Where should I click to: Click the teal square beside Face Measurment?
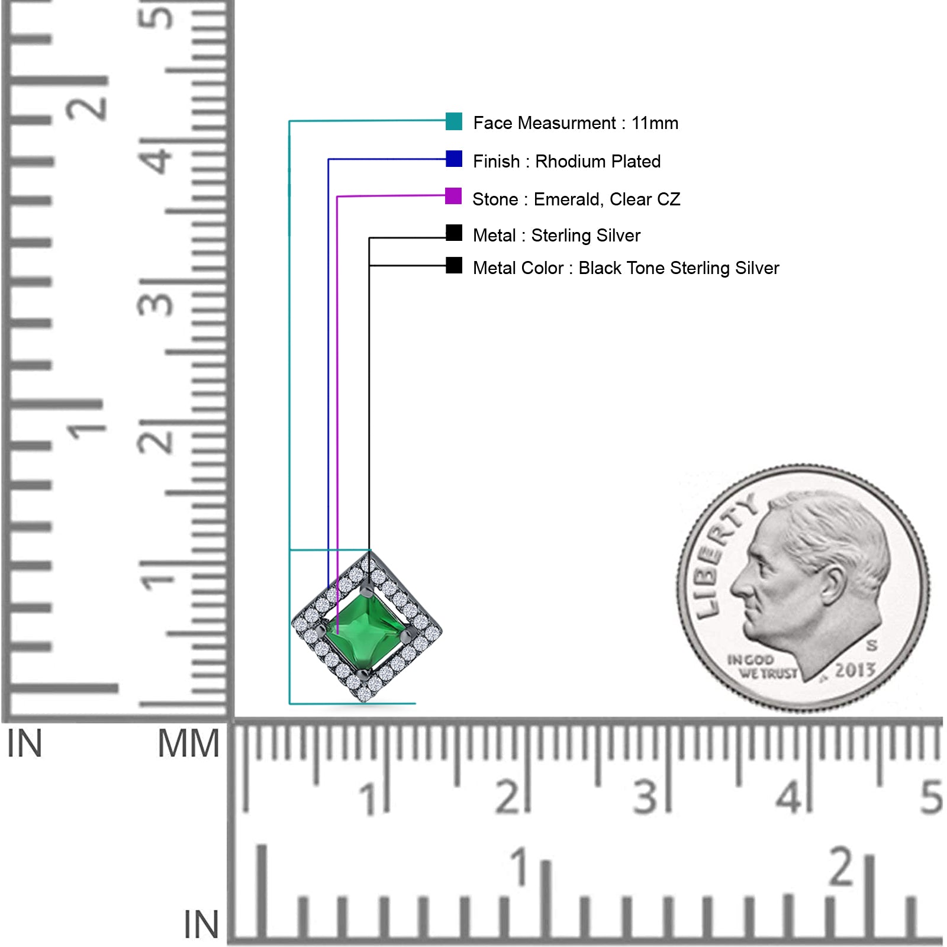(454, 121)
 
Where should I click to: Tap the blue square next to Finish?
(454, 159)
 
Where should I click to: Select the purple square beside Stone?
(453, 196)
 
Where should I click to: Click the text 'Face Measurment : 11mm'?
(575, 123)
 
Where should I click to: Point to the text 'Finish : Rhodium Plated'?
(566, 161)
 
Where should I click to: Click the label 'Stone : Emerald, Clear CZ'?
(576, 199)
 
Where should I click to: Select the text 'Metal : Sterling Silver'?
(556, 236)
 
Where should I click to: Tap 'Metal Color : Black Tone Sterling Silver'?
(626, 268)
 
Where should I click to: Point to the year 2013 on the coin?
(855, 670)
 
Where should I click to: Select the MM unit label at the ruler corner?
(188, 743)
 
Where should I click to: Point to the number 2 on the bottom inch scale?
(841, 867)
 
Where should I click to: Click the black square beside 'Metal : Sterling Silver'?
(454, 233)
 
